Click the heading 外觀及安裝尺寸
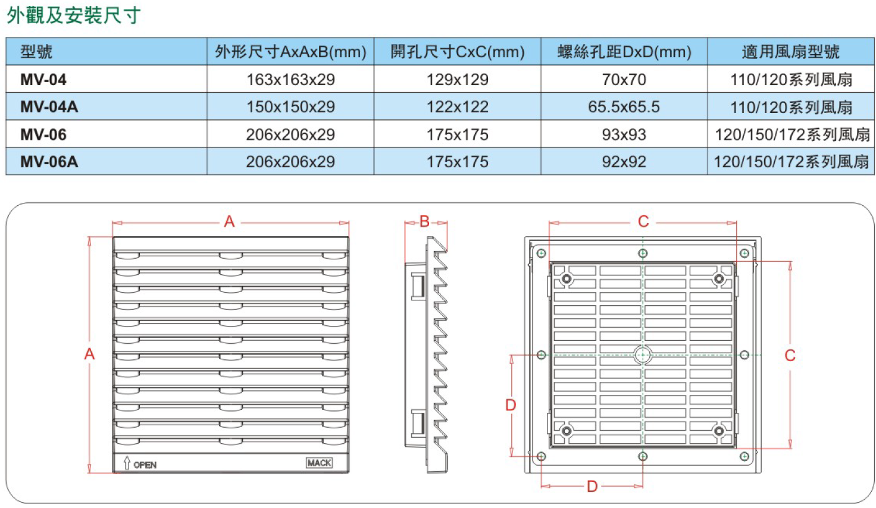tap(74, 15)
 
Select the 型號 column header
tap(36, 52)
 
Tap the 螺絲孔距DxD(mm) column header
tap(624, 52)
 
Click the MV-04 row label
tap(43, 80)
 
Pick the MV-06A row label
tap(49, 162)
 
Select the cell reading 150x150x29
tap(290, 106)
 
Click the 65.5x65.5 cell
tap(624, 106)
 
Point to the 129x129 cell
tap(458, 80)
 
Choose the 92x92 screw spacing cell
tap(624, 162)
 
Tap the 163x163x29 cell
tap(290, 80)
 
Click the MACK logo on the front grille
tap(319, 463)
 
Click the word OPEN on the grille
tap(145, 465)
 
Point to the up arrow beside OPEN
tap(127, 463)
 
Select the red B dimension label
tap(425, 221)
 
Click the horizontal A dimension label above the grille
tap(230, 222)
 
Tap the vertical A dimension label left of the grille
tap(89, 354)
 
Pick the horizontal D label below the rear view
tap(593, 487)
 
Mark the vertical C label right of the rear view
tap(790, 355)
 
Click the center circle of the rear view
tap(643, 355)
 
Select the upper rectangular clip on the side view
tap(418, 287)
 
